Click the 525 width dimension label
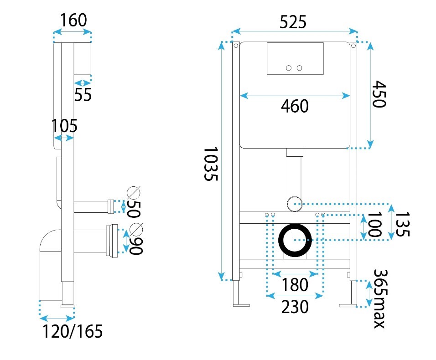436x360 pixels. click(293, 22)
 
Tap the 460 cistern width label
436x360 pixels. click(295, 106)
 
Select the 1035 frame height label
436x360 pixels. click(211, 164)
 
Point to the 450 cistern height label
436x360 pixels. click(379, 94)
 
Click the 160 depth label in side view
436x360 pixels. click(73, 20)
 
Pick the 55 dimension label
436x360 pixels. click(83, 95)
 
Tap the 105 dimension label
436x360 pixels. click(64, 126)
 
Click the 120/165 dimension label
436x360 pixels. click(73, 331)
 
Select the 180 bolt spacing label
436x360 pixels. click(295, 285)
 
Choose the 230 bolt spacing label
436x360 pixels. click(295, 307)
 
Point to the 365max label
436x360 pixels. click(380, 298)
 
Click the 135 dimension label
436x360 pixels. click(402, 224)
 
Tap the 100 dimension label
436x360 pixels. click(374, 225)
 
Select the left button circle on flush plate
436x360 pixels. click(289, 68)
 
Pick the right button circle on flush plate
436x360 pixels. click(299, 68)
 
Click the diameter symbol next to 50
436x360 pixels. click(134, 193)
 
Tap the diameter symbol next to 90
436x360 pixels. click(136, 230)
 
